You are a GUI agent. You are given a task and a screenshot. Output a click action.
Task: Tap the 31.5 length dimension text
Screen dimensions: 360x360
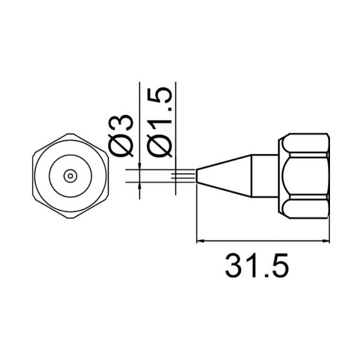pos(256,265)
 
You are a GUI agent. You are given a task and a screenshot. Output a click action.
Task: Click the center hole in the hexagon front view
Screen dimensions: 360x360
pos(71,176)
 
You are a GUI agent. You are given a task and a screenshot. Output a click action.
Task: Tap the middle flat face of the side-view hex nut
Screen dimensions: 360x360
pos(306,176)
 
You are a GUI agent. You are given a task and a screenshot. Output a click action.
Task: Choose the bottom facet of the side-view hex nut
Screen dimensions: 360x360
pos(306,208)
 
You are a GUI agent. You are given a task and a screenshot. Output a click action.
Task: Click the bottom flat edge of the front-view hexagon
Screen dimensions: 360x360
pos(71,218)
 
